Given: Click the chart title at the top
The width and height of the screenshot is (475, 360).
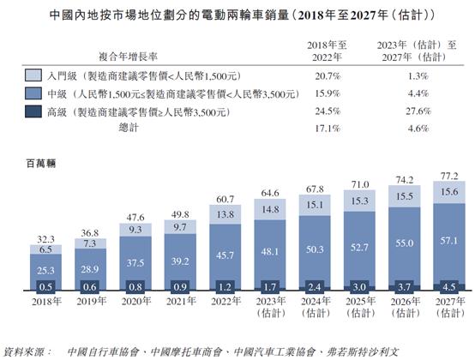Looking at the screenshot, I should [x=237, y=15].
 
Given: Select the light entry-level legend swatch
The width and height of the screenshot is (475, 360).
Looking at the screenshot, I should [x=33, y=75].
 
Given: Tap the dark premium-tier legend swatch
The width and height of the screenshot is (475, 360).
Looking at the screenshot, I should [x=33, y=111].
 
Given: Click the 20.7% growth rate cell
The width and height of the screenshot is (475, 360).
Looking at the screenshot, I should [x=314, y=75].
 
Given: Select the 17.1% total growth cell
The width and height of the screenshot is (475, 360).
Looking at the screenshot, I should [x=314, y=129].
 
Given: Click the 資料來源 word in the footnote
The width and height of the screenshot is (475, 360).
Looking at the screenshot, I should [x=27, y=351].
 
